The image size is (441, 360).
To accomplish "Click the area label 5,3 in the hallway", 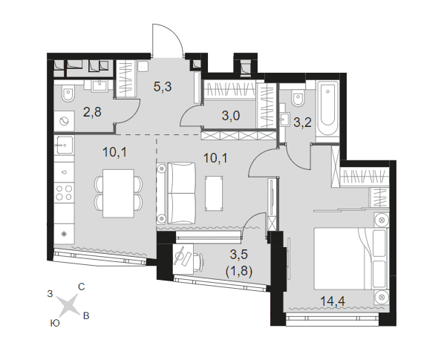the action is [163, 87].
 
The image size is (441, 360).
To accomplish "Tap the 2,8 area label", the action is [92, 112].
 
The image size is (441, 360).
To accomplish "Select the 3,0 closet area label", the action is [231, 116].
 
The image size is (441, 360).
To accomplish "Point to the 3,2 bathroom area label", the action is [302, 122].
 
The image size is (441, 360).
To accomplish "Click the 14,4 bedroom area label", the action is [333, 301].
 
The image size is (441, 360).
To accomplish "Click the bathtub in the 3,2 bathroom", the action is [327, 111].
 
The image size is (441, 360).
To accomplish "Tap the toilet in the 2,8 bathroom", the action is [68, 94].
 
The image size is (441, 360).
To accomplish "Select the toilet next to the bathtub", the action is [298, 97].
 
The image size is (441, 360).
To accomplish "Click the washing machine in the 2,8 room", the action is [65, 121].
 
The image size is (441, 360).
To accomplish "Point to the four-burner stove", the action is [65, 192].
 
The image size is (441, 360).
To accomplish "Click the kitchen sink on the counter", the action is [65, 145].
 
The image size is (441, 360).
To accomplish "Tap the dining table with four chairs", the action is [118, 193].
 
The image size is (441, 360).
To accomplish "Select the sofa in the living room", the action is [176, 193].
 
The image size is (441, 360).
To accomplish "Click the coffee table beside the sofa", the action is [214, 193].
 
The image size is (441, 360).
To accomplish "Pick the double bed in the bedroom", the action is [351, 259].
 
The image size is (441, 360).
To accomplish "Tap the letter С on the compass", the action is [81, 287].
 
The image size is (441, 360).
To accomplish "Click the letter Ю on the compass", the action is [55, 324].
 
